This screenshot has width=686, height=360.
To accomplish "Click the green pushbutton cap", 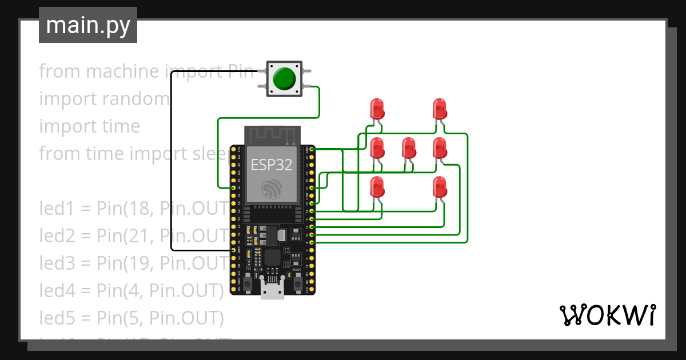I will (x=284, y=78).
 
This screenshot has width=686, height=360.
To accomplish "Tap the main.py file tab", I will (x=88, y=25).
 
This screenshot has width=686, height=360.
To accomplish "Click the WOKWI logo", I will (x=607, y=315).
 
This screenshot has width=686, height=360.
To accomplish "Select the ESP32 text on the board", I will (x=272, y=165).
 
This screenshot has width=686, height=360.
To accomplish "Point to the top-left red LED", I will (x=377, y=109).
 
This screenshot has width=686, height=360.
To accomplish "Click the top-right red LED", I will (x=439, y=109).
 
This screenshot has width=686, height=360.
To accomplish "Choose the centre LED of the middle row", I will (x=408, y=148).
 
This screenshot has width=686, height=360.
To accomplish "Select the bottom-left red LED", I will (x=377, y=187).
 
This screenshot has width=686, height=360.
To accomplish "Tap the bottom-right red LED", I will (x=439, y=187).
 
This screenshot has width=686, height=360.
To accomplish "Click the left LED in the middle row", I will (x=377, y=148).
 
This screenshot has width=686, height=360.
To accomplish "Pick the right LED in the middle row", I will (x=439, y=148).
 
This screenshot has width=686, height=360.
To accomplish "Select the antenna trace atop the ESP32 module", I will (x=272, y=135).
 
